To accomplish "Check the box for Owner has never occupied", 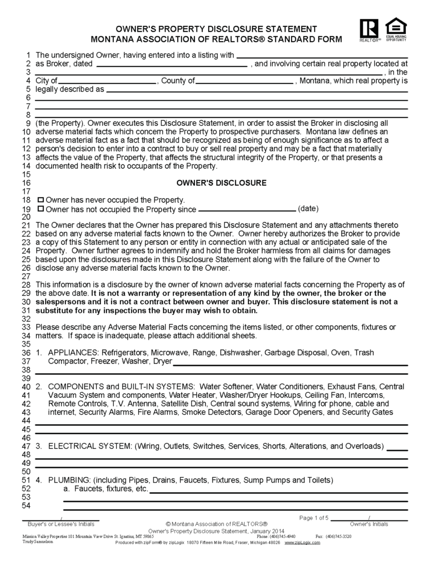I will (40, 200).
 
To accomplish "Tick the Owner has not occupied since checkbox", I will (40, 209).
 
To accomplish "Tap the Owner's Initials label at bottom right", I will (369, 524).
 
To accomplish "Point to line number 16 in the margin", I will (26, 183).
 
